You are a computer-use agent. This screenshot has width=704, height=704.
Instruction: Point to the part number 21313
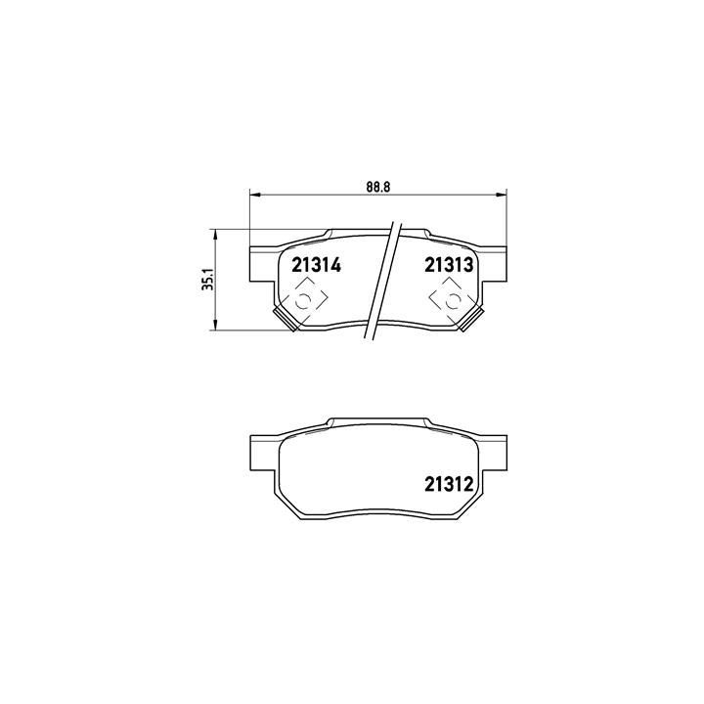click(449, 265)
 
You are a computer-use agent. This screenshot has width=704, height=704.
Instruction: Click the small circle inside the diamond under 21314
click(303, 302)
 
